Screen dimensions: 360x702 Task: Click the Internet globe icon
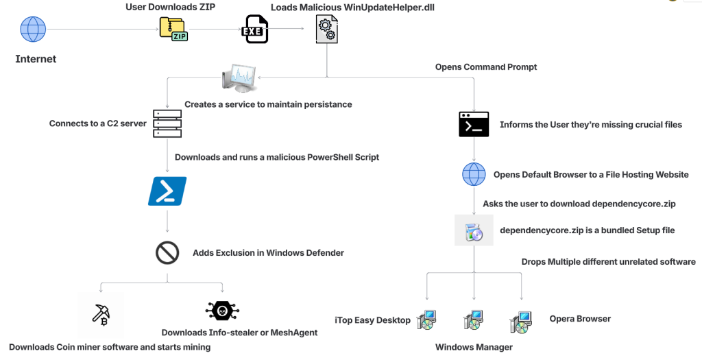[33, 29]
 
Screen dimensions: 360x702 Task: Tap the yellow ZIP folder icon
[173, 28]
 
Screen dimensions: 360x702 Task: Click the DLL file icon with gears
[326, 31]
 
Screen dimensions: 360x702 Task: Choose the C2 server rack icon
[167, 123]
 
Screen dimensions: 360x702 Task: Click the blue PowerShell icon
[167, 191]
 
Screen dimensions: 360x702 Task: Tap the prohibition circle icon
[167, 253]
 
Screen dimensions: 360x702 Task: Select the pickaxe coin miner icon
[101, 313]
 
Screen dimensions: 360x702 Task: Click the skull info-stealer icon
[222, 311]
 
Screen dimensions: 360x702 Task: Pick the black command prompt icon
[474, 124]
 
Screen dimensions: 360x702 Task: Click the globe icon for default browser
[474, 175]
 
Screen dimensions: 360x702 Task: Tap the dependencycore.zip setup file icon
[474, 231]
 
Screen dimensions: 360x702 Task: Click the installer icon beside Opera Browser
[521, 321]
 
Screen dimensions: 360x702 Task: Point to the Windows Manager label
[474, 347]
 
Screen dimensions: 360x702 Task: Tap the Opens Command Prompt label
[486, 67]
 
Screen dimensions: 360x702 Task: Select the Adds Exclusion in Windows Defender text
[268, 253]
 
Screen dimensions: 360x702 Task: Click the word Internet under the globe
[36, 59]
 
